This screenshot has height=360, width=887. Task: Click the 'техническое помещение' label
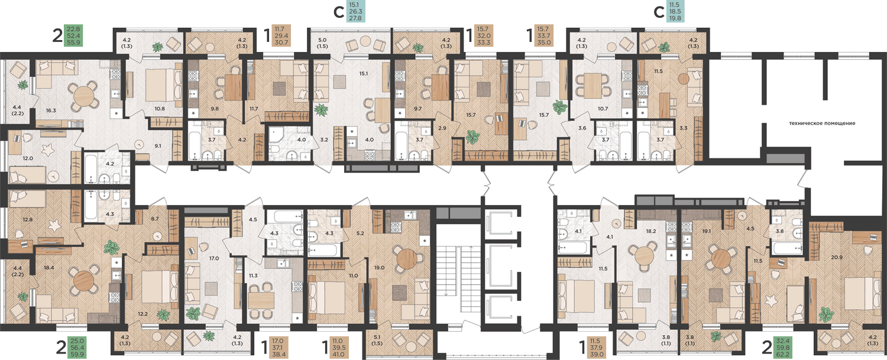[x=822, y=123]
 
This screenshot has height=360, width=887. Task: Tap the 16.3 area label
[x=51, y=111]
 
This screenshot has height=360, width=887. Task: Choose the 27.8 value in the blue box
[x=355, y=18]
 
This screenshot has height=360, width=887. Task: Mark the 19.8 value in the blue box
[x=675, y=18]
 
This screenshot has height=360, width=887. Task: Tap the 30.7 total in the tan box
[x=281, y=43]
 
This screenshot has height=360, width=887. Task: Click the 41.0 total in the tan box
[x=339, y=355]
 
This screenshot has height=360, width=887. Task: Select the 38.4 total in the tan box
[x=279, y=355]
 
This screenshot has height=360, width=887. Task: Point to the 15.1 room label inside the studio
[x=364, y=73]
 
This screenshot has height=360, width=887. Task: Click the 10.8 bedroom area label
[x=160, y=109]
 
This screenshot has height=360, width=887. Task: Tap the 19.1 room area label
[x=707, y=231]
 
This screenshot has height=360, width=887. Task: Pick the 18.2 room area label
[x=651, y=231]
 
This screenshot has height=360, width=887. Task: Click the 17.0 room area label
[x=214, y=258]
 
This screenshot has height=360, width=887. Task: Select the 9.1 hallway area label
[x=158, y=146]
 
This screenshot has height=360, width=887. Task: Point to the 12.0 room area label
[x=28, y=158]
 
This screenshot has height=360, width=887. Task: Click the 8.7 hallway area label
[x=155, y=218]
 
